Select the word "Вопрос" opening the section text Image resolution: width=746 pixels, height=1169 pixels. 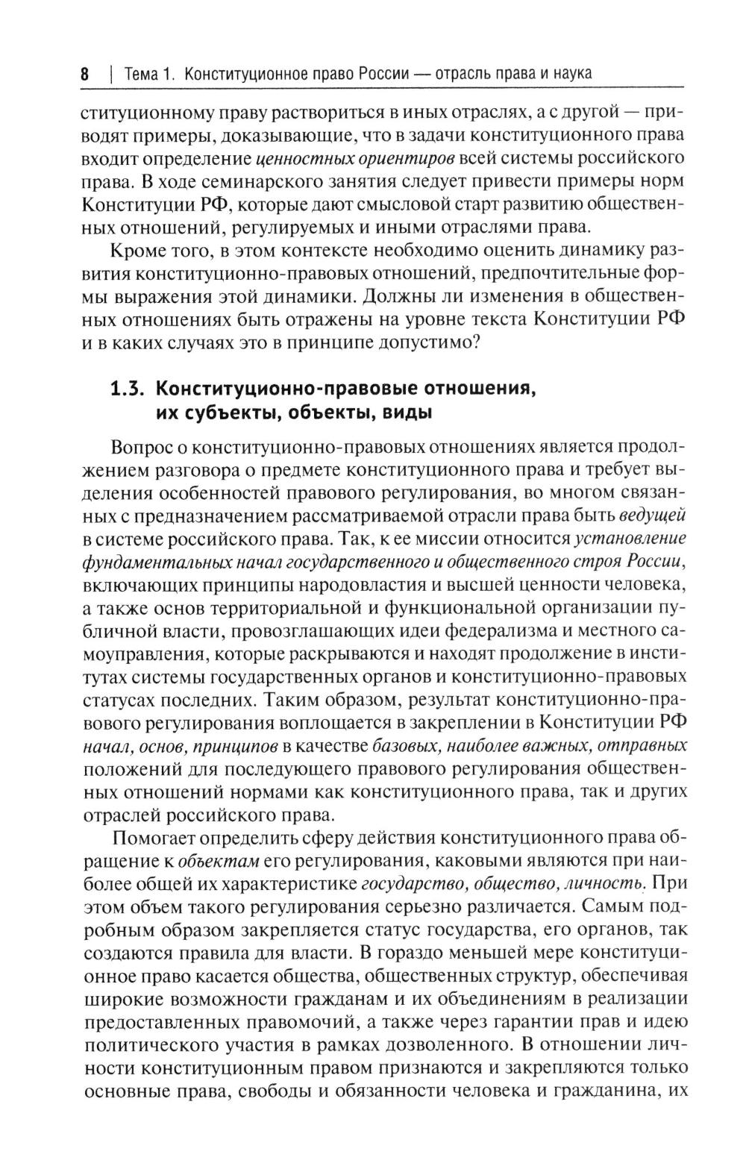pyautogui.click(x=142, y=448)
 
